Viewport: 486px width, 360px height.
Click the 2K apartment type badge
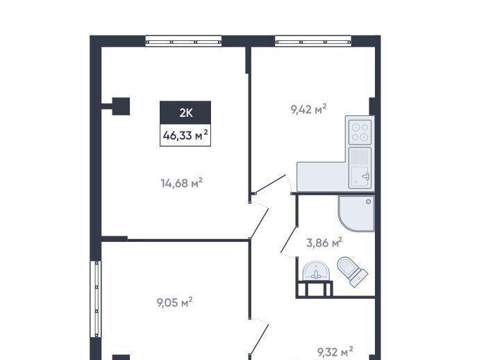[x=185, y=113]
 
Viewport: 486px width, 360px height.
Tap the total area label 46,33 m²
[x=185, y=136]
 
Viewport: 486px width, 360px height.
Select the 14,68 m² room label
[x=182, y=183]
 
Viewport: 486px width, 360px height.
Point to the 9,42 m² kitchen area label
[x=309, y=109]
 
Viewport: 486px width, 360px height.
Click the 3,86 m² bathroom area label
[x=324, y=243]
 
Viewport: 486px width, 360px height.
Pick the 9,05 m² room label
[x=175, y=302]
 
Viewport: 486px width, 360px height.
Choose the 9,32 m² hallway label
[x=335, y=352]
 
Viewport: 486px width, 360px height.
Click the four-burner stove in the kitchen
[x=360, y=132]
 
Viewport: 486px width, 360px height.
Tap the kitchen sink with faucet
[x=360, y=168]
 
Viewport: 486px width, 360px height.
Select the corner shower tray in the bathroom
[x=357, y=213]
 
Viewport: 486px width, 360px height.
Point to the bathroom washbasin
[x=316, y=270]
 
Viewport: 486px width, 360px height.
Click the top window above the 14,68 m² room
[x=183, y=42]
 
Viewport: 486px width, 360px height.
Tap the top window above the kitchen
[x=313, y=42]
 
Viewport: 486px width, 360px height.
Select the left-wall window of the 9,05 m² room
[x=96, y=299]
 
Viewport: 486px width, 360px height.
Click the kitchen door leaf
[x=269, y=184]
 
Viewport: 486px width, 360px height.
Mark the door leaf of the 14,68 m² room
[x=259, y=224]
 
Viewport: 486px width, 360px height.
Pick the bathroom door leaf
[x=289, y=239]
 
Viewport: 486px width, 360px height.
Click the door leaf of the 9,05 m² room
[x=259, y=339]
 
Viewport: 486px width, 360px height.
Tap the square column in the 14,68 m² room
[x=121, y=106]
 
